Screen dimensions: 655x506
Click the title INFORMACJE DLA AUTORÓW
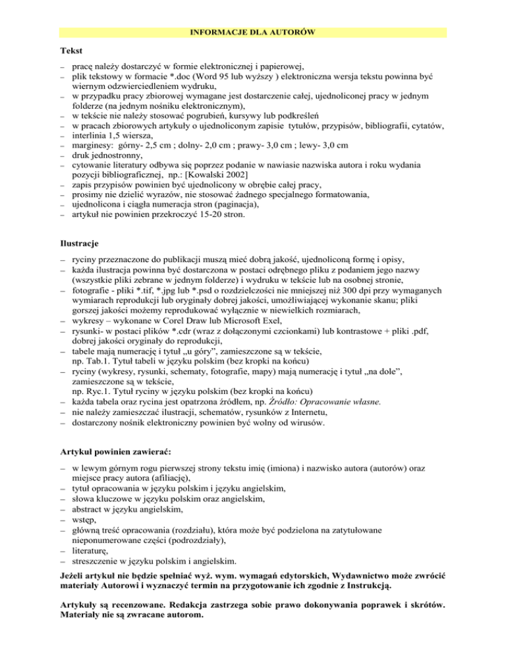[x=252, y=31]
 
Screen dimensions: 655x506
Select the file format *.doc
[x=168, y=76]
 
